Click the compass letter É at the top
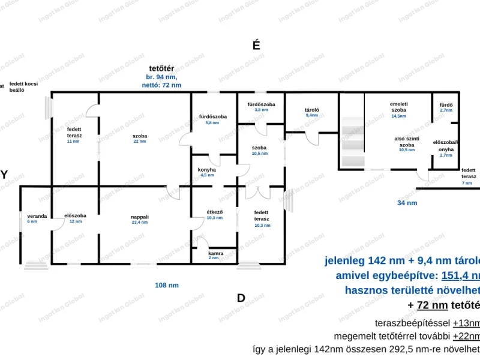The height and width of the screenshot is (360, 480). point(256,45)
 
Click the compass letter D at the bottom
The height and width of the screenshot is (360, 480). point(241,298)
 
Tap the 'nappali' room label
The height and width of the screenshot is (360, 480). point(140,217)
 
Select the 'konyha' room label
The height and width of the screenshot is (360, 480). point(206,170)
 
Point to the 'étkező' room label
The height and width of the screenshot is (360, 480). point(215,212)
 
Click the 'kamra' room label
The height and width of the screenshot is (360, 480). point(215,253)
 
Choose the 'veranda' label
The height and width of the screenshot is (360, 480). point(36,216)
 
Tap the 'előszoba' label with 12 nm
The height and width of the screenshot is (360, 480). point(76,216)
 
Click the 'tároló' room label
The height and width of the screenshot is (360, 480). point(311,110)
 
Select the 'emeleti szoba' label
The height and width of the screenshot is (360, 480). point(399,107)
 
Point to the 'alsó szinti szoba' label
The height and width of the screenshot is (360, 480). point(407,142)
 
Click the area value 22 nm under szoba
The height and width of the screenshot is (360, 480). point(140,141)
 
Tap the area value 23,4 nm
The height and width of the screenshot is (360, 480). point(140,222)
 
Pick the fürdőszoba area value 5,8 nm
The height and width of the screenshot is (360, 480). point(212,122)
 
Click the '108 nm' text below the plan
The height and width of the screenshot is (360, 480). point(167,286)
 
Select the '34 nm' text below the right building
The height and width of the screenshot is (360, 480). point(407,203)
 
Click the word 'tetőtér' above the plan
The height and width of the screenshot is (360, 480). point(161,68)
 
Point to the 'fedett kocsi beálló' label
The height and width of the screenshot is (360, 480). point(23,86)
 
